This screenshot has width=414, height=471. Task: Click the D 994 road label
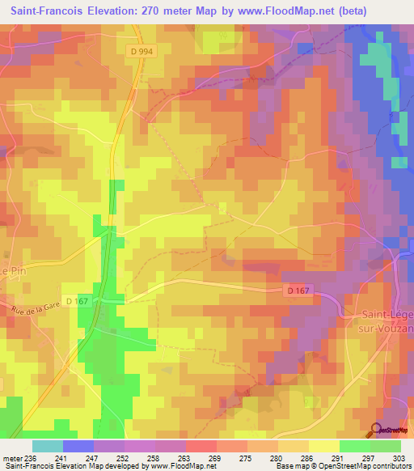point(139,51)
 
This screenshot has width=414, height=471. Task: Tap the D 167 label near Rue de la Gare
point(78,301)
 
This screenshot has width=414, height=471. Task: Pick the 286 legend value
point(308,457)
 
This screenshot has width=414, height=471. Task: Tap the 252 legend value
point(124,457)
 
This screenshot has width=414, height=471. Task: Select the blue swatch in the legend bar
point(78,446)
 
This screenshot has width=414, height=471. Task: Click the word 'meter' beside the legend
point(12,457)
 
